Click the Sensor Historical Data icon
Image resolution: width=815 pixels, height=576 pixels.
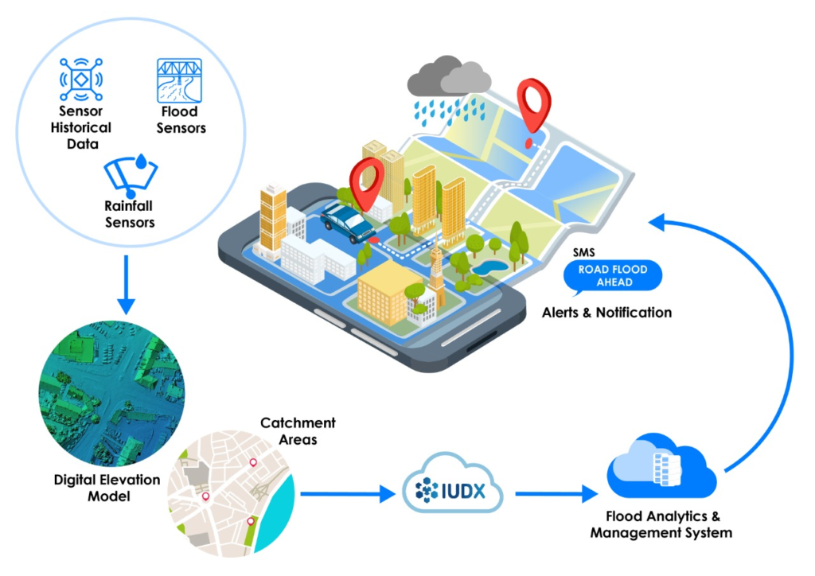click(x=82, y=78)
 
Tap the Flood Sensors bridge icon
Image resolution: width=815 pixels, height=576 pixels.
click(x=179, y=80)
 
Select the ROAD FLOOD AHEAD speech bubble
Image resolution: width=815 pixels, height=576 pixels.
click(x=613, y=275)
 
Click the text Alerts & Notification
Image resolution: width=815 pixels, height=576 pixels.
click(x=606, y=313)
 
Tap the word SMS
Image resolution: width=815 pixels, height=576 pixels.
click(x=583, y=252)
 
